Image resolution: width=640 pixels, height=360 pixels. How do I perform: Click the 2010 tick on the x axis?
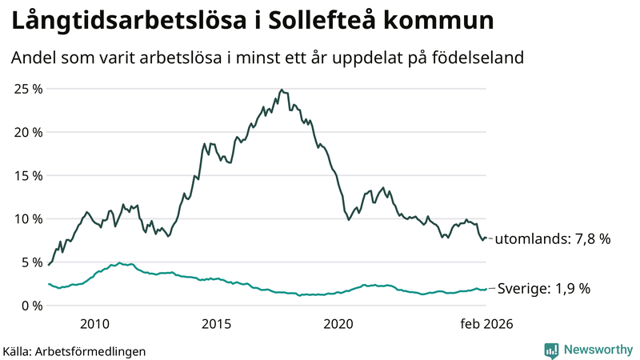(94, 324)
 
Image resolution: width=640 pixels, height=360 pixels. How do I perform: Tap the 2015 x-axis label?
(216, 324)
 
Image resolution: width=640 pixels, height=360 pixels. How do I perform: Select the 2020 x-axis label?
(338, 324)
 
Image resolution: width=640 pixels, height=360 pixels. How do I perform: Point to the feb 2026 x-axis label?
(486, 324)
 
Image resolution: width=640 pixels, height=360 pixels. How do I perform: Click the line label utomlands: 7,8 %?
(554, 239)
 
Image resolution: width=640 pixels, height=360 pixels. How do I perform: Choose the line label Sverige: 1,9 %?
(543, 289)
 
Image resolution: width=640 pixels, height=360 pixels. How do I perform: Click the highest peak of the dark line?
(281, 90)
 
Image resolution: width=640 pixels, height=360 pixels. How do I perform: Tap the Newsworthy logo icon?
(551, 350)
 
